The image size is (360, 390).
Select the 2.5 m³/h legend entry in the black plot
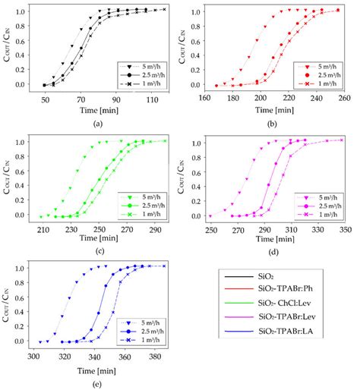point(141,75)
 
